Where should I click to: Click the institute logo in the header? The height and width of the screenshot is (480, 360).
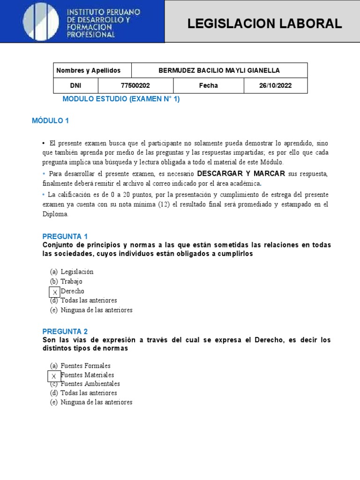[41, 21]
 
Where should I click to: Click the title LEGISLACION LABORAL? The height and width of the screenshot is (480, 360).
[264, 24]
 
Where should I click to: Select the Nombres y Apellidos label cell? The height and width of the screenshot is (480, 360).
[89, 70]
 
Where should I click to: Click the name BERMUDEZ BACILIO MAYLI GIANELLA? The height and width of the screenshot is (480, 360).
[219, 70]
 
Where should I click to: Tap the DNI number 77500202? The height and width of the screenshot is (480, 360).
[135, 85]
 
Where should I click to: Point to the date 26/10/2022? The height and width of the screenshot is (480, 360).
[276, 85]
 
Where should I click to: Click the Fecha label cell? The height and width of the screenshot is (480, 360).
[208, 85]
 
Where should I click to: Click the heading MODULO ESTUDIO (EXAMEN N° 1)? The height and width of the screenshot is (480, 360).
[121, 99]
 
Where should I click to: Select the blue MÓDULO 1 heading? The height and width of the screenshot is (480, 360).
[50, 120]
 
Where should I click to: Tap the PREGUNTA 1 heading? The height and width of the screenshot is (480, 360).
[65, 236]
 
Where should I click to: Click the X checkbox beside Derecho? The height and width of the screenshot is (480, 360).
[55, 292]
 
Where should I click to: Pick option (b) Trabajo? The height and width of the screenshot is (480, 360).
[66, 281]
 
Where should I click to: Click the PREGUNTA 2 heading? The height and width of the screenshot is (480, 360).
[65, 331]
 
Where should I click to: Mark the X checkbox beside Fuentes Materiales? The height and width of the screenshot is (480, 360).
[54, 376]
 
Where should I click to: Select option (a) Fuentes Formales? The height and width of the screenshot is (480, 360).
[80, 366]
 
